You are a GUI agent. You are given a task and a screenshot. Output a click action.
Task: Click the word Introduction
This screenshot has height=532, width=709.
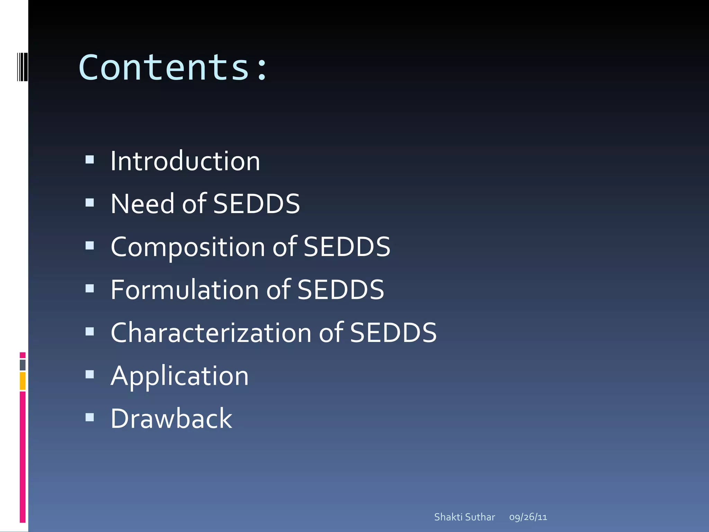pyautogui.click(x=185, y=161)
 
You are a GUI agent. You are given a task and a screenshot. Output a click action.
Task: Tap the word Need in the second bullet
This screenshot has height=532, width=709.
pyautogui.click(x=142, y=204)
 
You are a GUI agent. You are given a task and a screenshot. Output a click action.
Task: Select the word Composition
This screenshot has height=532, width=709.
pyautogui.click(x=188, y=247)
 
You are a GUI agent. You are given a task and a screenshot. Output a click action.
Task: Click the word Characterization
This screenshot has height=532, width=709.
pyautogui.click(x=211, y=333)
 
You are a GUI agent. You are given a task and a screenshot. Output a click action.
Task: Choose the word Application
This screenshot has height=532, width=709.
pyautogui.click(x=180, y=376)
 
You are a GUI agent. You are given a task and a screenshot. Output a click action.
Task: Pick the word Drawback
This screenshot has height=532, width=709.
pyautogui.click(x=171, y=419)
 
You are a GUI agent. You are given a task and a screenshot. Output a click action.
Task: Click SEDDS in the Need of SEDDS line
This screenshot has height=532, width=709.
pyautogui.click(x=257, y=204)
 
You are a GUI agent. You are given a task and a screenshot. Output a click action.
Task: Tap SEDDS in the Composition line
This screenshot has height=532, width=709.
pyautogui.click(x=347, y=247)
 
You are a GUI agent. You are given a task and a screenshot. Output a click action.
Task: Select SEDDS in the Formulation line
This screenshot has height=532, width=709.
pyautogui.click(x=341, y=290)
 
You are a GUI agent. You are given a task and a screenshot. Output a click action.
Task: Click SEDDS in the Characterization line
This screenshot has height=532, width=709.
pyautogui.click(x=393, y=333)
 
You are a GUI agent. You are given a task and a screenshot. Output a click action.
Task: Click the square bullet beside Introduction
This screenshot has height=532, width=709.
pyautogui.click(x=90, y=160)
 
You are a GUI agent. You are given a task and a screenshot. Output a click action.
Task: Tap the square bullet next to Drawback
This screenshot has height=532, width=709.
pyautogui.click(x=90, y=417)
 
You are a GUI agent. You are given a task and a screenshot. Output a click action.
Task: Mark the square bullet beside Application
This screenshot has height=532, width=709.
pyautogui.click(x=90, y=374)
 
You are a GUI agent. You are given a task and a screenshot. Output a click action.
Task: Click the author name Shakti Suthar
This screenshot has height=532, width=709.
pyautogui.click(x=465, y=517)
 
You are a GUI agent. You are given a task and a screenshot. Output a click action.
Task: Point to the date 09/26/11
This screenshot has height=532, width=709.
pyautogui.click(x=528, y=517)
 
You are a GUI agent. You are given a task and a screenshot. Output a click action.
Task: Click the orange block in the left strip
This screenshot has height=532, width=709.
pyautogui.click(x=23, y=381)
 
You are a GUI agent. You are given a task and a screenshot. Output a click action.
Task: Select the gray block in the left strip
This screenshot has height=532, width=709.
pyautogui.click(x=23, y=365)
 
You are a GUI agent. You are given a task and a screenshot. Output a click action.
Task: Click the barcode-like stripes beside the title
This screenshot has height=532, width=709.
pyautogui.click(x=23, y=67)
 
